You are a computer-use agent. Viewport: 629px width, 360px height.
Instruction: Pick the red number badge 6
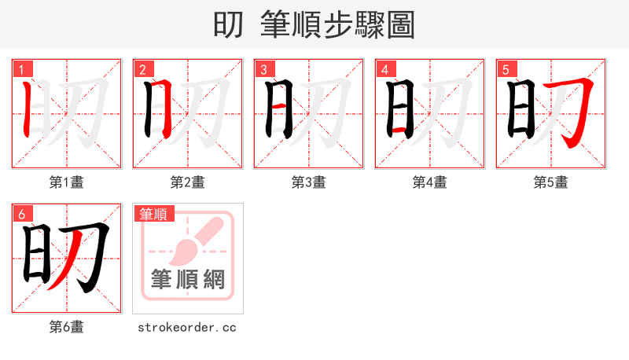pyautogui.click(x=20, y=213)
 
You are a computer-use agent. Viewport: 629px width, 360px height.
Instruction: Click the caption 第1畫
pyautogui.click(x=67, y=182)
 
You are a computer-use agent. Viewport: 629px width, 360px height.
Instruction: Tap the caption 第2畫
pyautogui.click(x=188, y=182)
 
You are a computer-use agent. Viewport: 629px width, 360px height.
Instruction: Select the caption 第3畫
pyautogui.click(x=309, y=182)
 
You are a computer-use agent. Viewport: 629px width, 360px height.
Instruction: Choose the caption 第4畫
pyautogui.click(x=430, y=182)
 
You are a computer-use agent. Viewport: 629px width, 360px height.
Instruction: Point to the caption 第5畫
pyautogui.click(x=551, y=182)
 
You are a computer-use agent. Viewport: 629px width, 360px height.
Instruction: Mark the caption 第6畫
pyautogui.click(x=67, y=327)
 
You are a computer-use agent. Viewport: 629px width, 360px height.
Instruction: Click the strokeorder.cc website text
pyautogui.click(x=187, y=327)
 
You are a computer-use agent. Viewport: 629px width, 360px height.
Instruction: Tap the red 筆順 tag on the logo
pyautogui.click(x=153, y=214)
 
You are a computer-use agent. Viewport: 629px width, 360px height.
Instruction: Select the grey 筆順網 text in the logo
pyautogui.click(x=188, y=278)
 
